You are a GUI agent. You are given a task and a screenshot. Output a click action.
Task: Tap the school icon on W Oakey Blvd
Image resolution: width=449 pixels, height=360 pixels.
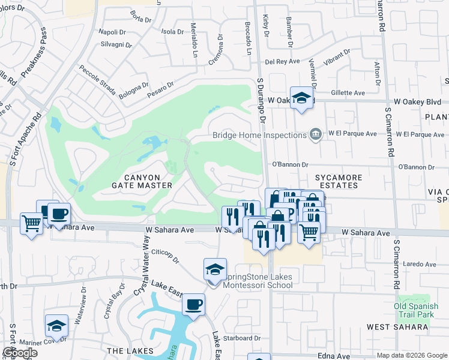pyautogui.click(x=301, y=98)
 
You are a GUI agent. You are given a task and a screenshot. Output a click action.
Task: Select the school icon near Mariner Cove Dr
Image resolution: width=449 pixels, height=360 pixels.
pyautogui.click(x=56, y=326)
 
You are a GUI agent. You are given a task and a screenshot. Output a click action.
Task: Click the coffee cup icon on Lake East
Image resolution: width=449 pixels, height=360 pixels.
pyautogui.click(x=193, y=305)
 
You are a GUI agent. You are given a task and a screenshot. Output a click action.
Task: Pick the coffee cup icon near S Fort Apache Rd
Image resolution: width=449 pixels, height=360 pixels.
pyautogui.click(x=59, y=214)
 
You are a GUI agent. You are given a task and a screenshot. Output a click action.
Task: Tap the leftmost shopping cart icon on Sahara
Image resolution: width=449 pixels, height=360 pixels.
pyautogui.click(x=31, y=223)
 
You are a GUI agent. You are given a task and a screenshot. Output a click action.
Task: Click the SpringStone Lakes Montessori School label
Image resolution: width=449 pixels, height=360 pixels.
pyautogui.click(x=258, y=281)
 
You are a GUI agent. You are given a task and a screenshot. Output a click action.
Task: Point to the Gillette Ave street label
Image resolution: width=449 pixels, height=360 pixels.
pyautogui.click(x=348, y=93)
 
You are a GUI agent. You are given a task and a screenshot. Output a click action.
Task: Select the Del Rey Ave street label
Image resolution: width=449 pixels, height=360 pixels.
pyautogui.click(x=283, y=61)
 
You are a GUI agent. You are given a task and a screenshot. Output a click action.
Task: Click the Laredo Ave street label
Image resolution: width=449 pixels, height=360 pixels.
pyautogui.click(x=419, y=263)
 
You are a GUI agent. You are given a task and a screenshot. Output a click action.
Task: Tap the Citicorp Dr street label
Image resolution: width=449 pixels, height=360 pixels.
pyautogui.click(x=166, y=255)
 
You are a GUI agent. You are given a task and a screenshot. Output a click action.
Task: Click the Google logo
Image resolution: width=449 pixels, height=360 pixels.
pyautogui.click(x=20, y=353)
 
